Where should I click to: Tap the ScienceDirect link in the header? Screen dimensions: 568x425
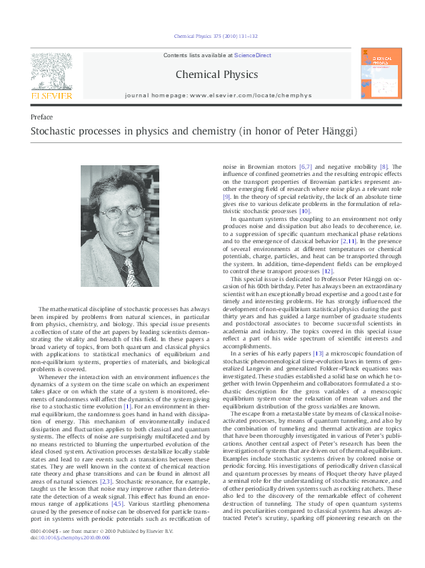coord(249,55)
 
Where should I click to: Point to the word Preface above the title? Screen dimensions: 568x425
coord(41,117)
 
